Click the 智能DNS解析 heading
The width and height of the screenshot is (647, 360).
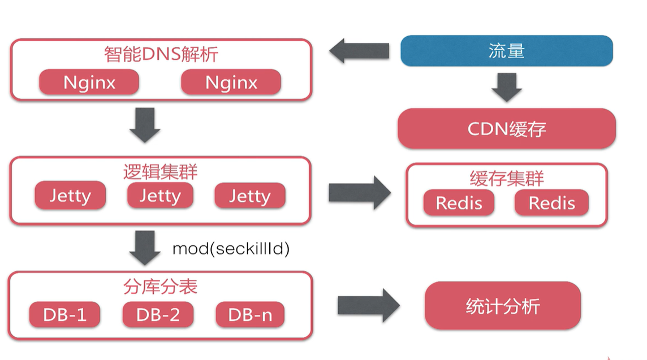pos(161,54)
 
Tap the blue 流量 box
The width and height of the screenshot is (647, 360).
pos(507,51)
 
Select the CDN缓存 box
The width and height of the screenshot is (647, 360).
pos(507,129)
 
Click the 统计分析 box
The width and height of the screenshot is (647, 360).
pos(503,306)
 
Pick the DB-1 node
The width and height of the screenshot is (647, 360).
pos(64,315)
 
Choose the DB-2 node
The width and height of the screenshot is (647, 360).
pos(158,315)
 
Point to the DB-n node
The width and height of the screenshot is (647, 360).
pos(250,315)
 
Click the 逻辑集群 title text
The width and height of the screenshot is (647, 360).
pos(161,171)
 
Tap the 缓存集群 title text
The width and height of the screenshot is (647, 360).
pos(507,179)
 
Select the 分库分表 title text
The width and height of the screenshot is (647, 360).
pos(161,287)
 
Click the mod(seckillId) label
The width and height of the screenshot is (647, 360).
pos(231,249)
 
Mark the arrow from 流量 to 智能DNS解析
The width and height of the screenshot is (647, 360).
pos(359,51)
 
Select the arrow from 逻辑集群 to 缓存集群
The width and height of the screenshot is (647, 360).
pos(360,193)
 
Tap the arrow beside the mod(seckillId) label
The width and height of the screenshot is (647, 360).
pos(145,248)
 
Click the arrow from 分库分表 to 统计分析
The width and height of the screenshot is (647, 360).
pos(368,306)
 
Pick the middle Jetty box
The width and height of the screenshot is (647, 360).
pos(160,196)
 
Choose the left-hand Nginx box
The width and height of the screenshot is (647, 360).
pos(89,83)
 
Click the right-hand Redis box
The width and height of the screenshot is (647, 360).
pos(551,203)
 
